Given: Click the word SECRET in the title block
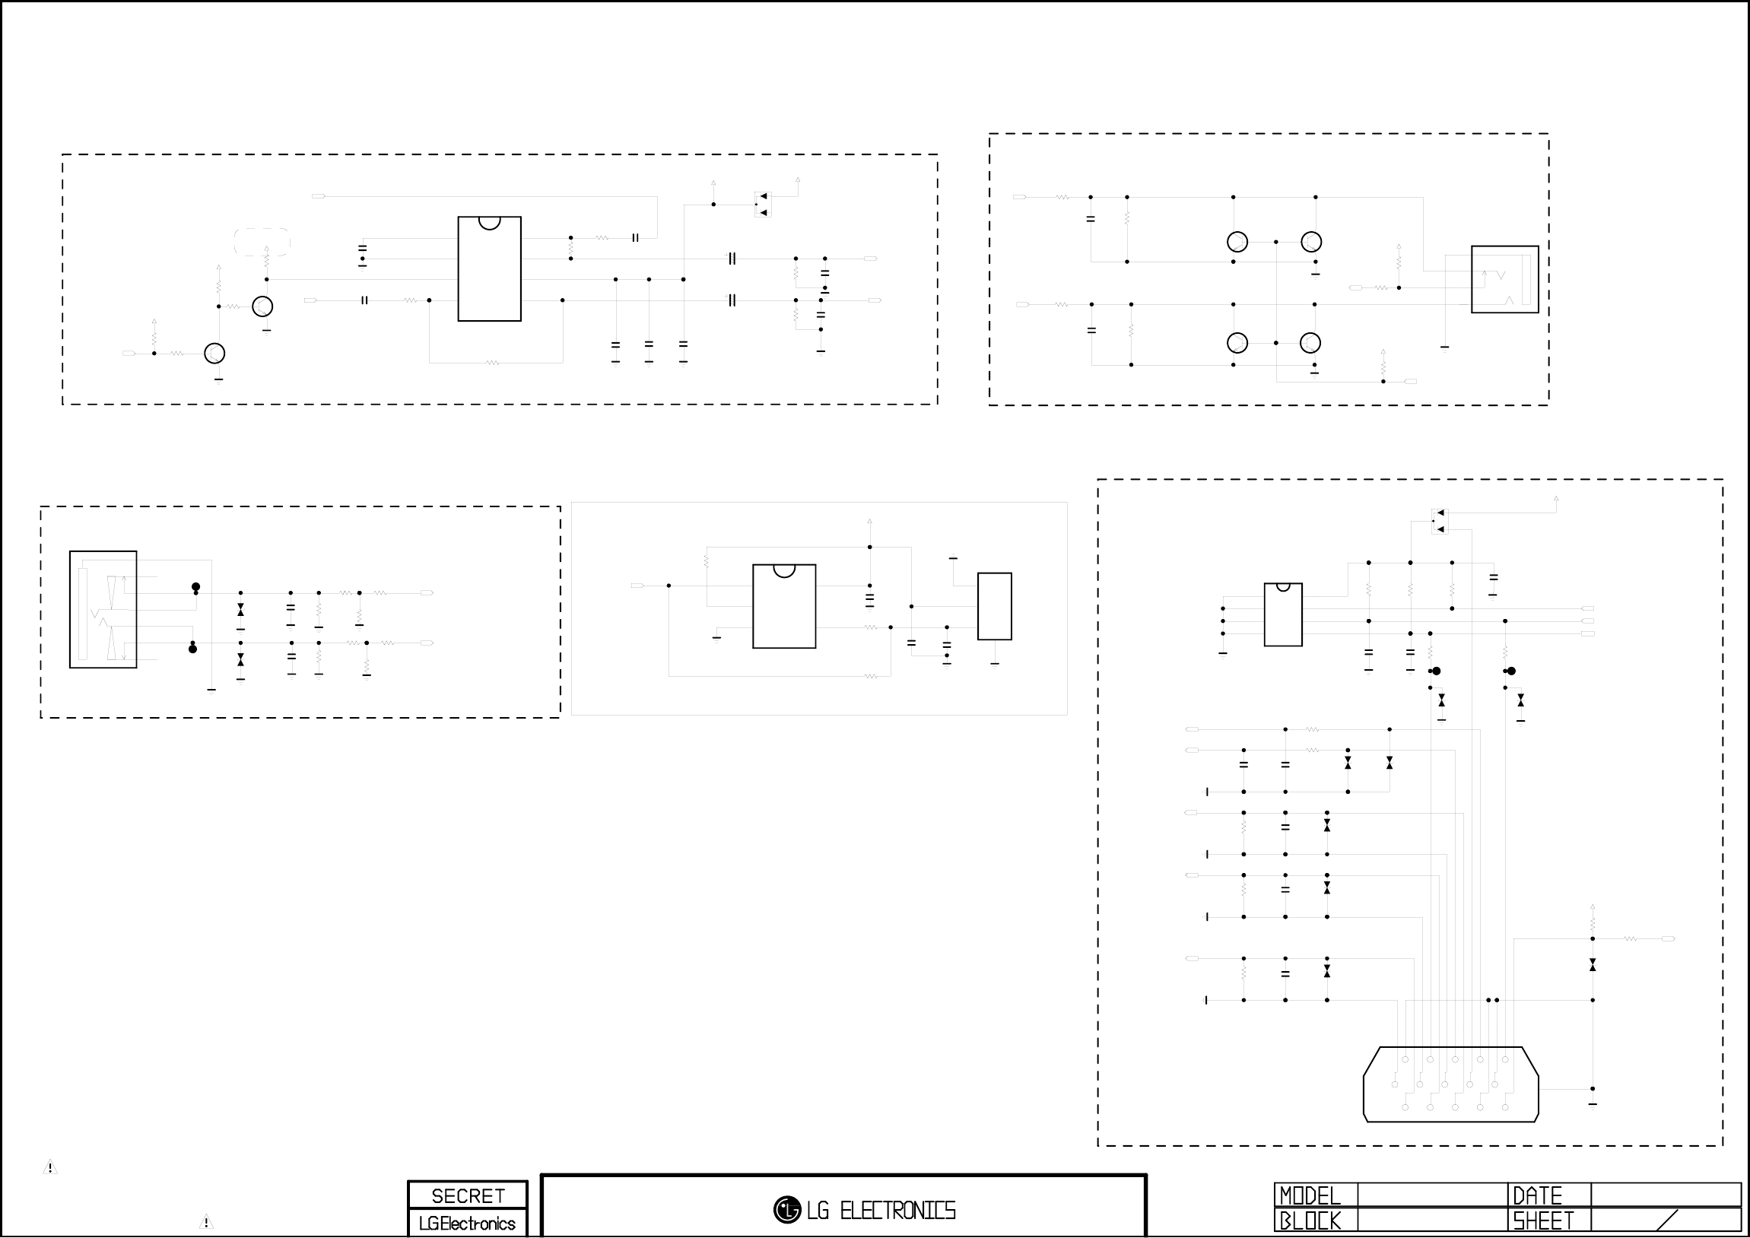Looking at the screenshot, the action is pyautogui.click(x=467, y=1195).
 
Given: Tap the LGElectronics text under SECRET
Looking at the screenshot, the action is pyautogui.click(x=467, y=1224).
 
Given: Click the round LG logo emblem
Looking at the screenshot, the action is pyautogui.click(x=786, y=1210).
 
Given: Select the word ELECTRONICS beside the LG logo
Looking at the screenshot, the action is pyautogui.click(x=897, y=1211).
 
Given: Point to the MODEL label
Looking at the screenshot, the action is pyautogui.click(x=1309, y=1195).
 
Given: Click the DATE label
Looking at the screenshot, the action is pyautogui.click(x=1537, y=1195).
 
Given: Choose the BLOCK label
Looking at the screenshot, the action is pyautogui.click(x=1309, y=1221).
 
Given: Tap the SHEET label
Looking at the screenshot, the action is pyautogui.click(x=1542, y=1221).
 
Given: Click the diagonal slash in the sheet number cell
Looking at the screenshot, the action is pyautogui.click(x=1668, y=1221).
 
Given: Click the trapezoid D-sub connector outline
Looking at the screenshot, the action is pyautogui.click(x=1450, y=1084).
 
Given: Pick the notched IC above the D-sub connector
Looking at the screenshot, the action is pyautogui.click(x=1283, y=614).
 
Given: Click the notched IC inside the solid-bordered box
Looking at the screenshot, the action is pyautogui.click(x=783, y=606).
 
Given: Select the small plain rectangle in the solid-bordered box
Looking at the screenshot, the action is pyautogui.click(x=994, y=606).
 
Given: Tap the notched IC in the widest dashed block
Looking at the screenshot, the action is pyautogui.click(x=489, y=268).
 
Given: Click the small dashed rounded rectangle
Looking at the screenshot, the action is pyautogui.click(x=262, y=242).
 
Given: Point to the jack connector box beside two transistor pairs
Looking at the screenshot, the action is pyautogui.click(x=1504, y=279).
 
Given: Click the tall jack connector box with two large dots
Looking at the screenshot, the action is pyautogui.click(x=103, y=609).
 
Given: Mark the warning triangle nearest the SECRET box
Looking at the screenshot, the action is pyautogui.click(x=206, y=1221).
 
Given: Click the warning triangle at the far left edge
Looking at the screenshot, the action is pyautogui.click(x=50, y=1167).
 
